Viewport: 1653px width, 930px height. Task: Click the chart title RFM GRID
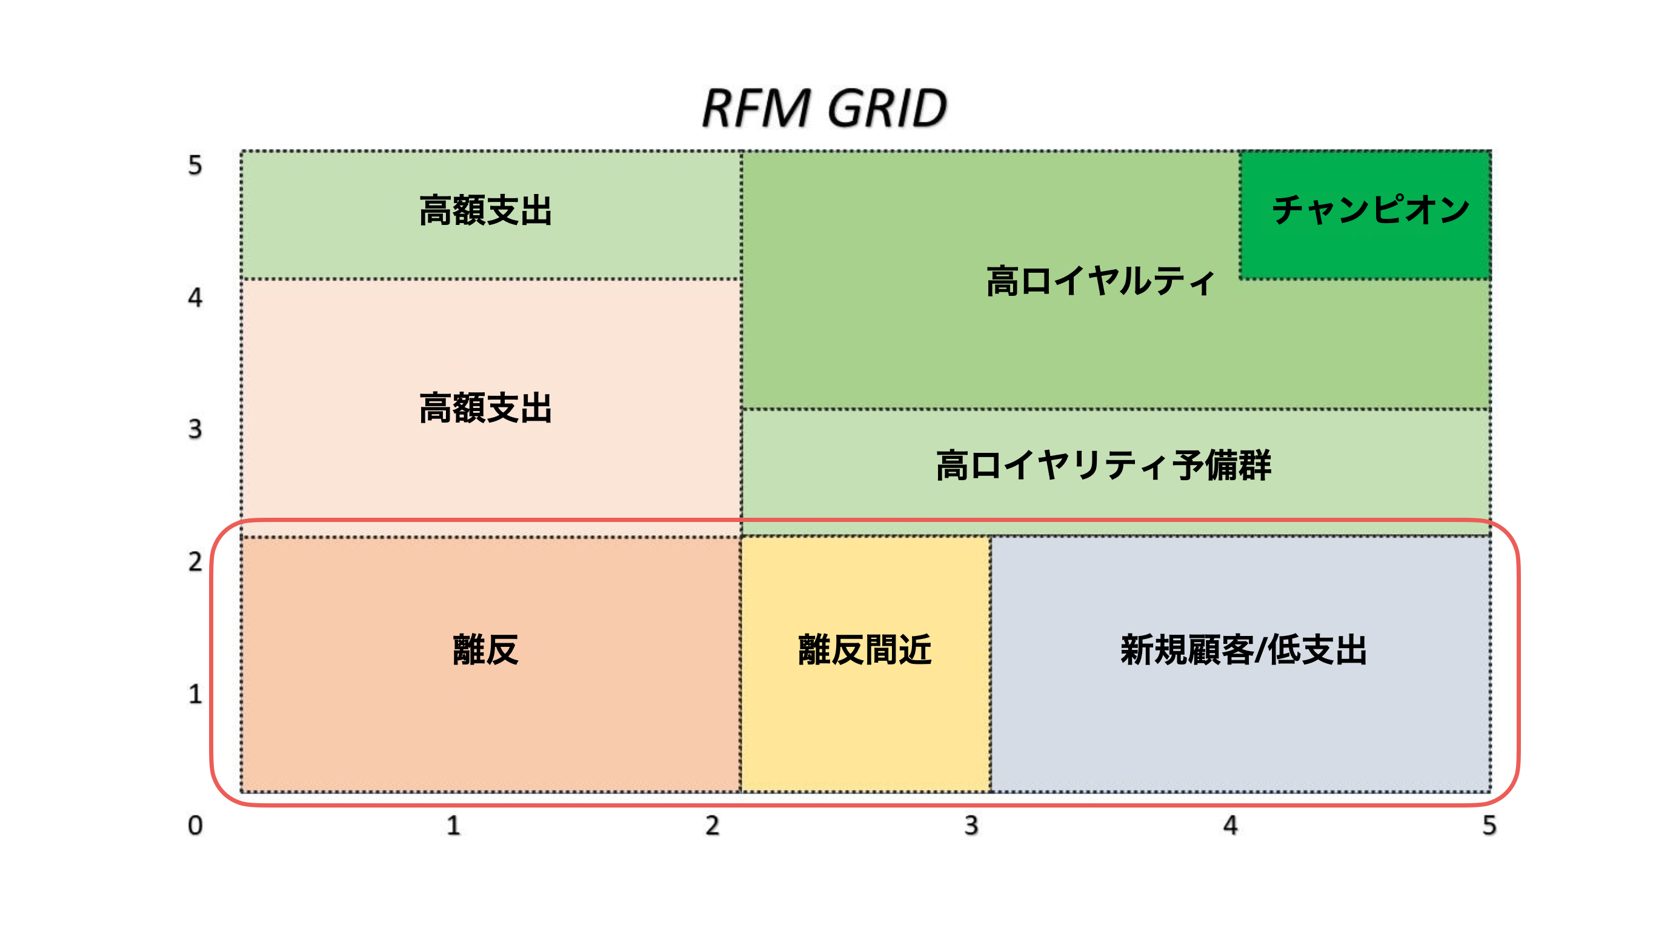(825, 108)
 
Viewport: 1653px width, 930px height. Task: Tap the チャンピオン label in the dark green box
(1371, 210)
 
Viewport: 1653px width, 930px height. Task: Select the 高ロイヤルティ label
(1100, 281)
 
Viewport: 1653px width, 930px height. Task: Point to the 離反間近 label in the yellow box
(864, 649)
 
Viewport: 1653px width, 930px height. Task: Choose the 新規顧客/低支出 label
(1243, 649)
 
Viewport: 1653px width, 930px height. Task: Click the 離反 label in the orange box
(486, 649)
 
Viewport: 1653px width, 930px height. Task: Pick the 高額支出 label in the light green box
(486, 210)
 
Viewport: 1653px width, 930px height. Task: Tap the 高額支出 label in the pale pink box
(486, 407)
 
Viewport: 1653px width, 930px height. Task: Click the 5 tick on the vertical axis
(195, 165)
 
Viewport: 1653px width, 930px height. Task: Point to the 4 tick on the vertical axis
(195, 297)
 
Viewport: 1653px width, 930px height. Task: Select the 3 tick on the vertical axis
(195, 429)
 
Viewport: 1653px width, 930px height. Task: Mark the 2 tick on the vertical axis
(195, 561)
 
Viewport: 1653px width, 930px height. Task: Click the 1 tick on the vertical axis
(195, 694)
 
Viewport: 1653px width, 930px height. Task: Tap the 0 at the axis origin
(195, 825)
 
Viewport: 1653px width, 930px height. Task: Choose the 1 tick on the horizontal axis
(454, 825)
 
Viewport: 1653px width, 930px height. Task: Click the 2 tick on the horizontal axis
(712, 825)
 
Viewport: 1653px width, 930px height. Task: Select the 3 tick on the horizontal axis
(971, 825)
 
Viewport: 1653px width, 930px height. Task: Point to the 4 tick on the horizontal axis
(1230, 825)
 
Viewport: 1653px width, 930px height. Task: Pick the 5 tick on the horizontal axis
(1489, 825)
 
